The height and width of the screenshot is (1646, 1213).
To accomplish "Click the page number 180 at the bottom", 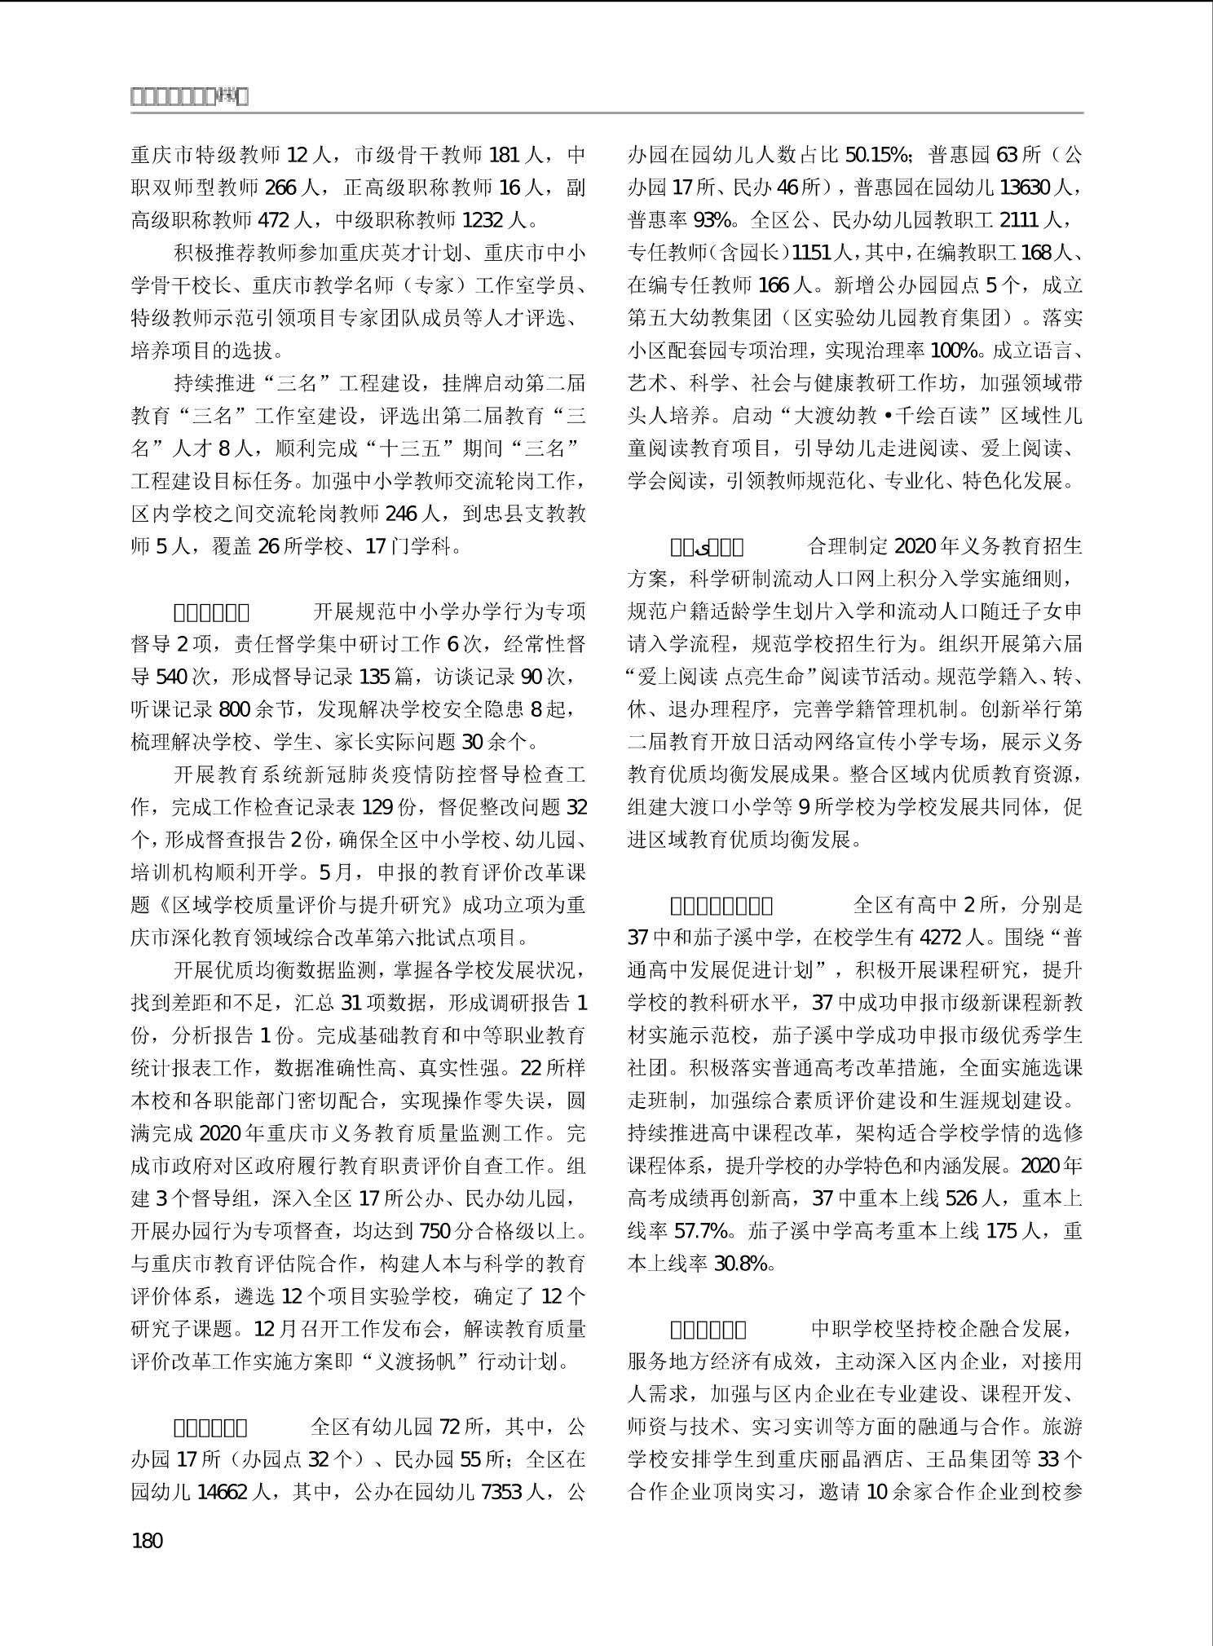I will click(147, 1541).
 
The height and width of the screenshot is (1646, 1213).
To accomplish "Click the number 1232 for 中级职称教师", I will click(483, 220).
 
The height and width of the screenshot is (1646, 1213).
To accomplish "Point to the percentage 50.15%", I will click(876, 155).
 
